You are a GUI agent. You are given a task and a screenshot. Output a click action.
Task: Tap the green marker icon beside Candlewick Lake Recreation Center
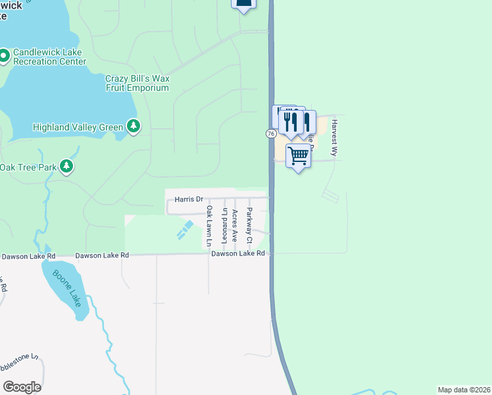[3, 55]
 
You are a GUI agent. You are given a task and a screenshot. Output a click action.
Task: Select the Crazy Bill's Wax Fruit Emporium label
[137, 83]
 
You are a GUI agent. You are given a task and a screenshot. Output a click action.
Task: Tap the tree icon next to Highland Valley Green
[134, 125]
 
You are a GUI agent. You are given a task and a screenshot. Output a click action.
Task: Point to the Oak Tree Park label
[28, 167]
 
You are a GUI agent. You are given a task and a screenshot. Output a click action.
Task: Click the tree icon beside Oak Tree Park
[66, 166]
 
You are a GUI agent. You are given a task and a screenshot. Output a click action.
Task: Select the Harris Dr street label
[189, 199]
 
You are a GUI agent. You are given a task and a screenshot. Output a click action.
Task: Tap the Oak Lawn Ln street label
[209, 226]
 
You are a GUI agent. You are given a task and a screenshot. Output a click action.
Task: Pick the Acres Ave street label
[235, 226]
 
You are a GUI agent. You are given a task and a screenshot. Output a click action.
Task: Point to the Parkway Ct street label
[249, 225]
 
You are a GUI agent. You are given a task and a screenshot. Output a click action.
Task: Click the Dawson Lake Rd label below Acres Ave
[237, 253]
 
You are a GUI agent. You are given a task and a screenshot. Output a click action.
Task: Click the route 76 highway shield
[270, 134]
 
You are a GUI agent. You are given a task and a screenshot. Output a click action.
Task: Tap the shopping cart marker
[299, 157]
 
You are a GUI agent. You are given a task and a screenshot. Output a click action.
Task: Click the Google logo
[22, 387]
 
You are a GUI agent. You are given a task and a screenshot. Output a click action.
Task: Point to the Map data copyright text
[464, 389]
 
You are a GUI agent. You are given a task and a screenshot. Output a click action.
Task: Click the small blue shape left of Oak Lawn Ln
[184, 230]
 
